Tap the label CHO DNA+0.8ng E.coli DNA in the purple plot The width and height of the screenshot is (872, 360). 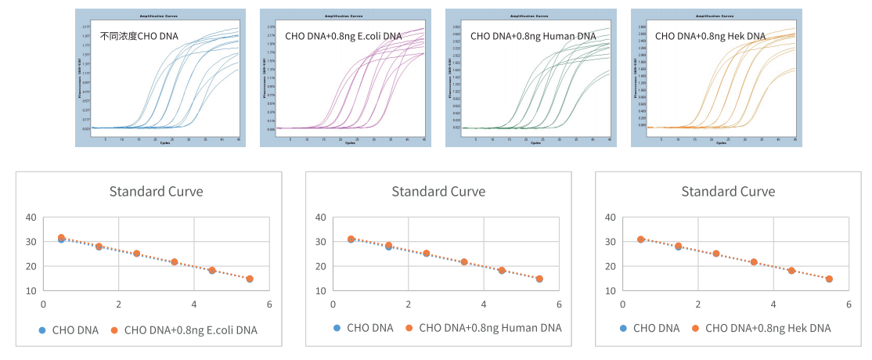[x=344, y=36]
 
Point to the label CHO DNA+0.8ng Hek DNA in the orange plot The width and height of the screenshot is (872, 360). [x=710, y=36]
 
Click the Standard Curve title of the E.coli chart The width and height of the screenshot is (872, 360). [x=156, y=191]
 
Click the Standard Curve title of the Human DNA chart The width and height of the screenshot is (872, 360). [x=438, y=191]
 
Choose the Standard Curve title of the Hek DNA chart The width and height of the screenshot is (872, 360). [x=728, y=191]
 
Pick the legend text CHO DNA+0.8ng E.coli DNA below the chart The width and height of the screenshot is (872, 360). [x=190, y=329]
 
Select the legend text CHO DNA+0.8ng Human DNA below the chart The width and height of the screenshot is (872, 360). [x=490, y=328]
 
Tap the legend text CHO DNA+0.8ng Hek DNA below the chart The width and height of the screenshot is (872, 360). [x=768, y=328]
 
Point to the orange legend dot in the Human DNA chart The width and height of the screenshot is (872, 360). [x=409, y=328]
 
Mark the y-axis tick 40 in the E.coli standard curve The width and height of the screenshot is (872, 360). [x=31, y=217]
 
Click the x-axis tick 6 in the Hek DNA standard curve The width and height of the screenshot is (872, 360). [x=849, y=304]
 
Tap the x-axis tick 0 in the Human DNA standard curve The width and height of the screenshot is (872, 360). [x=333, y=304]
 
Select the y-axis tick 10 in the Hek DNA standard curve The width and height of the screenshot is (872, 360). [x=610, y=290]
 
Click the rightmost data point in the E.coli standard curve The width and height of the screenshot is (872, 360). [x=250, y=279]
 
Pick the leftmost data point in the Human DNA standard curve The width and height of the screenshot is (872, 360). [x=351, y=239]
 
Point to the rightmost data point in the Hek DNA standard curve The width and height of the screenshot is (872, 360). [x=829, y=279]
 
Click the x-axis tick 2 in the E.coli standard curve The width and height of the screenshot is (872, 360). [x=118, y=304]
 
